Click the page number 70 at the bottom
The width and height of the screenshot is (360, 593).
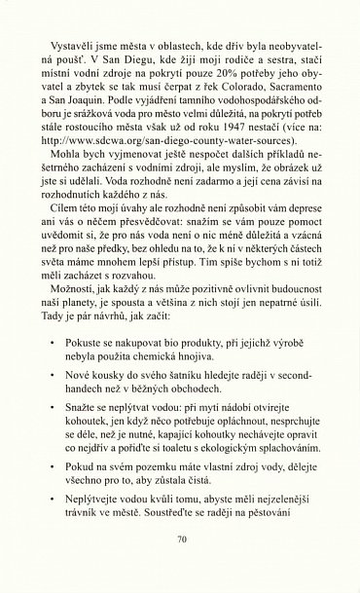[x=181, y=564]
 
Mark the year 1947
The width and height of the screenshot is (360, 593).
[x=243, y=131]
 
